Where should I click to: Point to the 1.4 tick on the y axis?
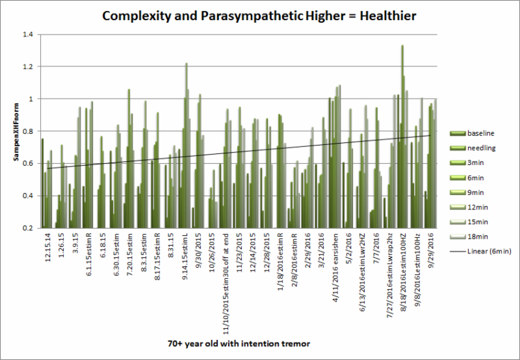27,34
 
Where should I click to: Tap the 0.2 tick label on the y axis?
27,228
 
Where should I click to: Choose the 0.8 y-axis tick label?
27,131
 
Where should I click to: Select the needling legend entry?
480,148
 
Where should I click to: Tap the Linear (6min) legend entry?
484,252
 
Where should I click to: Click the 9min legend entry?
476,193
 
